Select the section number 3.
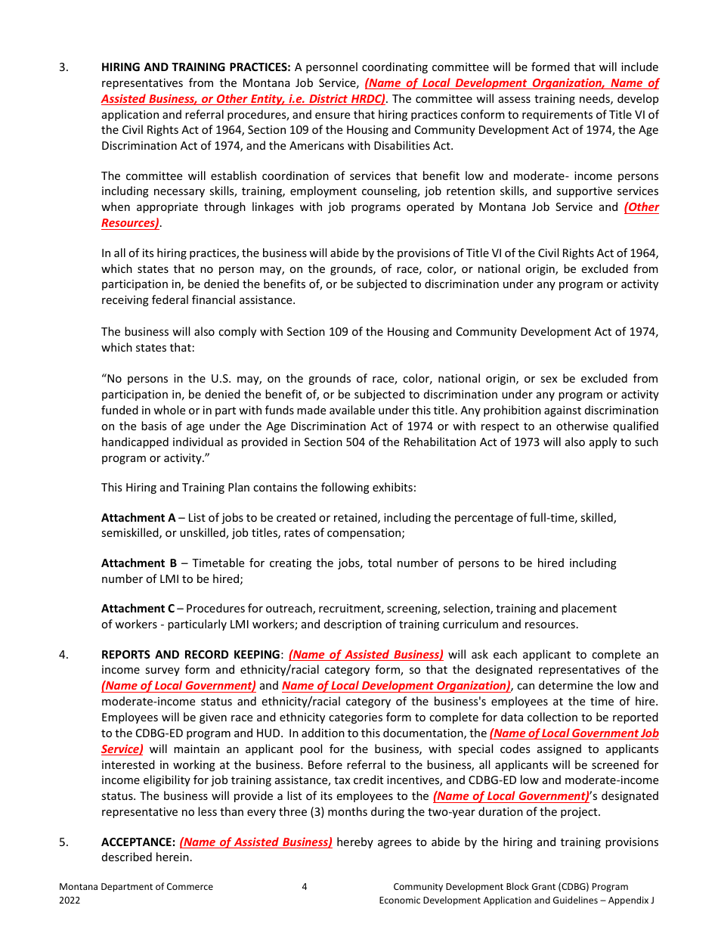pyautogui.click(x=63, y=67)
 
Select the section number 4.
pyautogui.click(x=63, y=655)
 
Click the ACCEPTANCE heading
pyautogui.click(x=138, y=842)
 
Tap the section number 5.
pyautogui.click(x=63, y=842)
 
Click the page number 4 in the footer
pyautogui.click(x=305, y=887)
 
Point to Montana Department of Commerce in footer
pyautogui.click(x=136, y=887)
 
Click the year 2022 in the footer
pyautogui.click(x=70, y=901)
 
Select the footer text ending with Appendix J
pyautogui.click(x=516, y=901)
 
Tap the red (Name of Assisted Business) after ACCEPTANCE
pyautogui.click(x=255, y=842)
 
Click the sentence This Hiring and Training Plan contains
pyautogui.click(x=258, y=488)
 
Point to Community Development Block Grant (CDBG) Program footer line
pyautogui.click(x=510, y=887)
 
